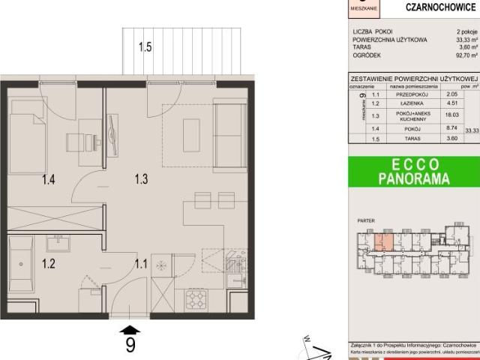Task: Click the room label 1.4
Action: pos(49,178)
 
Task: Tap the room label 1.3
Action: pos(142,178)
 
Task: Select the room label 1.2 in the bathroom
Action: pos(49,263)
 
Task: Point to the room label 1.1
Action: pos(142,263)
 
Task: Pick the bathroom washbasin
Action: pos(55,243)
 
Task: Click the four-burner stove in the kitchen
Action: pos(197,299)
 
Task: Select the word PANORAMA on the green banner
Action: pos(412,180)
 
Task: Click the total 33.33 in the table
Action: pos(472,130)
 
